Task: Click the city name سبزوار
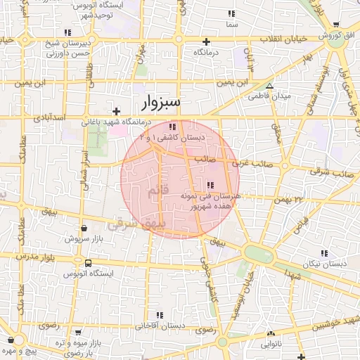tap(161, 103)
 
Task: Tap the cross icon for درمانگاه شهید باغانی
tap(117, 111)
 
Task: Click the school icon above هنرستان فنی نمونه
tap(210, 185)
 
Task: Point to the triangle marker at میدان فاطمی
tap(268, 86)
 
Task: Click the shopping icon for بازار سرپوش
tap(84, 229)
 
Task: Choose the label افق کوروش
tap(339, 35)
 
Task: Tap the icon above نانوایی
tap(270, 334)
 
